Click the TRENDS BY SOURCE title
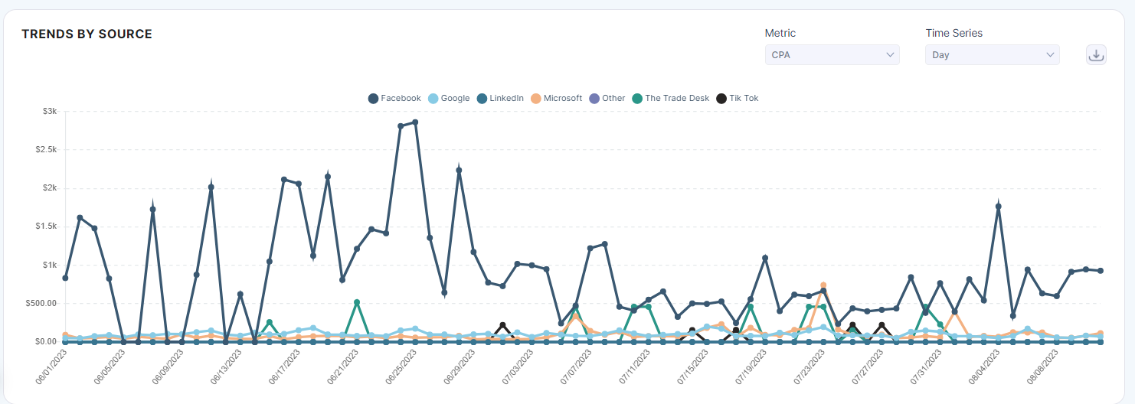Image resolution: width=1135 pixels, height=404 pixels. click(87, 34)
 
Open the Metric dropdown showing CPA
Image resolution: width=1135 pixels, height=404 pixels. click(832, 55)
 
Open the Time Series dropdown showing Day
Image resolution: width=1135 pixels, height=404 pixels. click(992, 55)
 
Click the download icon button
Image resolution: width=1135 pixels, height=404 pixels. click(1096, 55)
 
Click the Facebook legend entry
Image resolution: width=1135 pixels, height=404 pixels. click(394, 98)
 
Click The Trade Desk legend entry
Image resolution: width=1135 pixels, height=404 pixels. click(671, 98)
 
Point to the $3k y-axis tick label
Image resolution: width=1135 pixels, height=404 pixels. click(50, 111)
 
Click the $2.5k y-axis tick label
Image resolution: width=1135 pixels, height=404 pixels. click(46, 149)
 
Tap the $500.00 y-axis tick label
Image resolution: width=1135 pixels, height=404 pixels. click(41, 303)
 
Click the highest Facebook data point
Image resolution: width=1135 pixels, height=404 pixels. click(415, 122)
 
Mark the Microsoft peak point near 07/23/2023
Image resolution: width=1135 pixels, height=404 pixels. click(823, 285)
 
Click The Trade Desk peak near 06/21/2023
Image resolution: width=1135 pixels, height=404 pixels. click(357, 302)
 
